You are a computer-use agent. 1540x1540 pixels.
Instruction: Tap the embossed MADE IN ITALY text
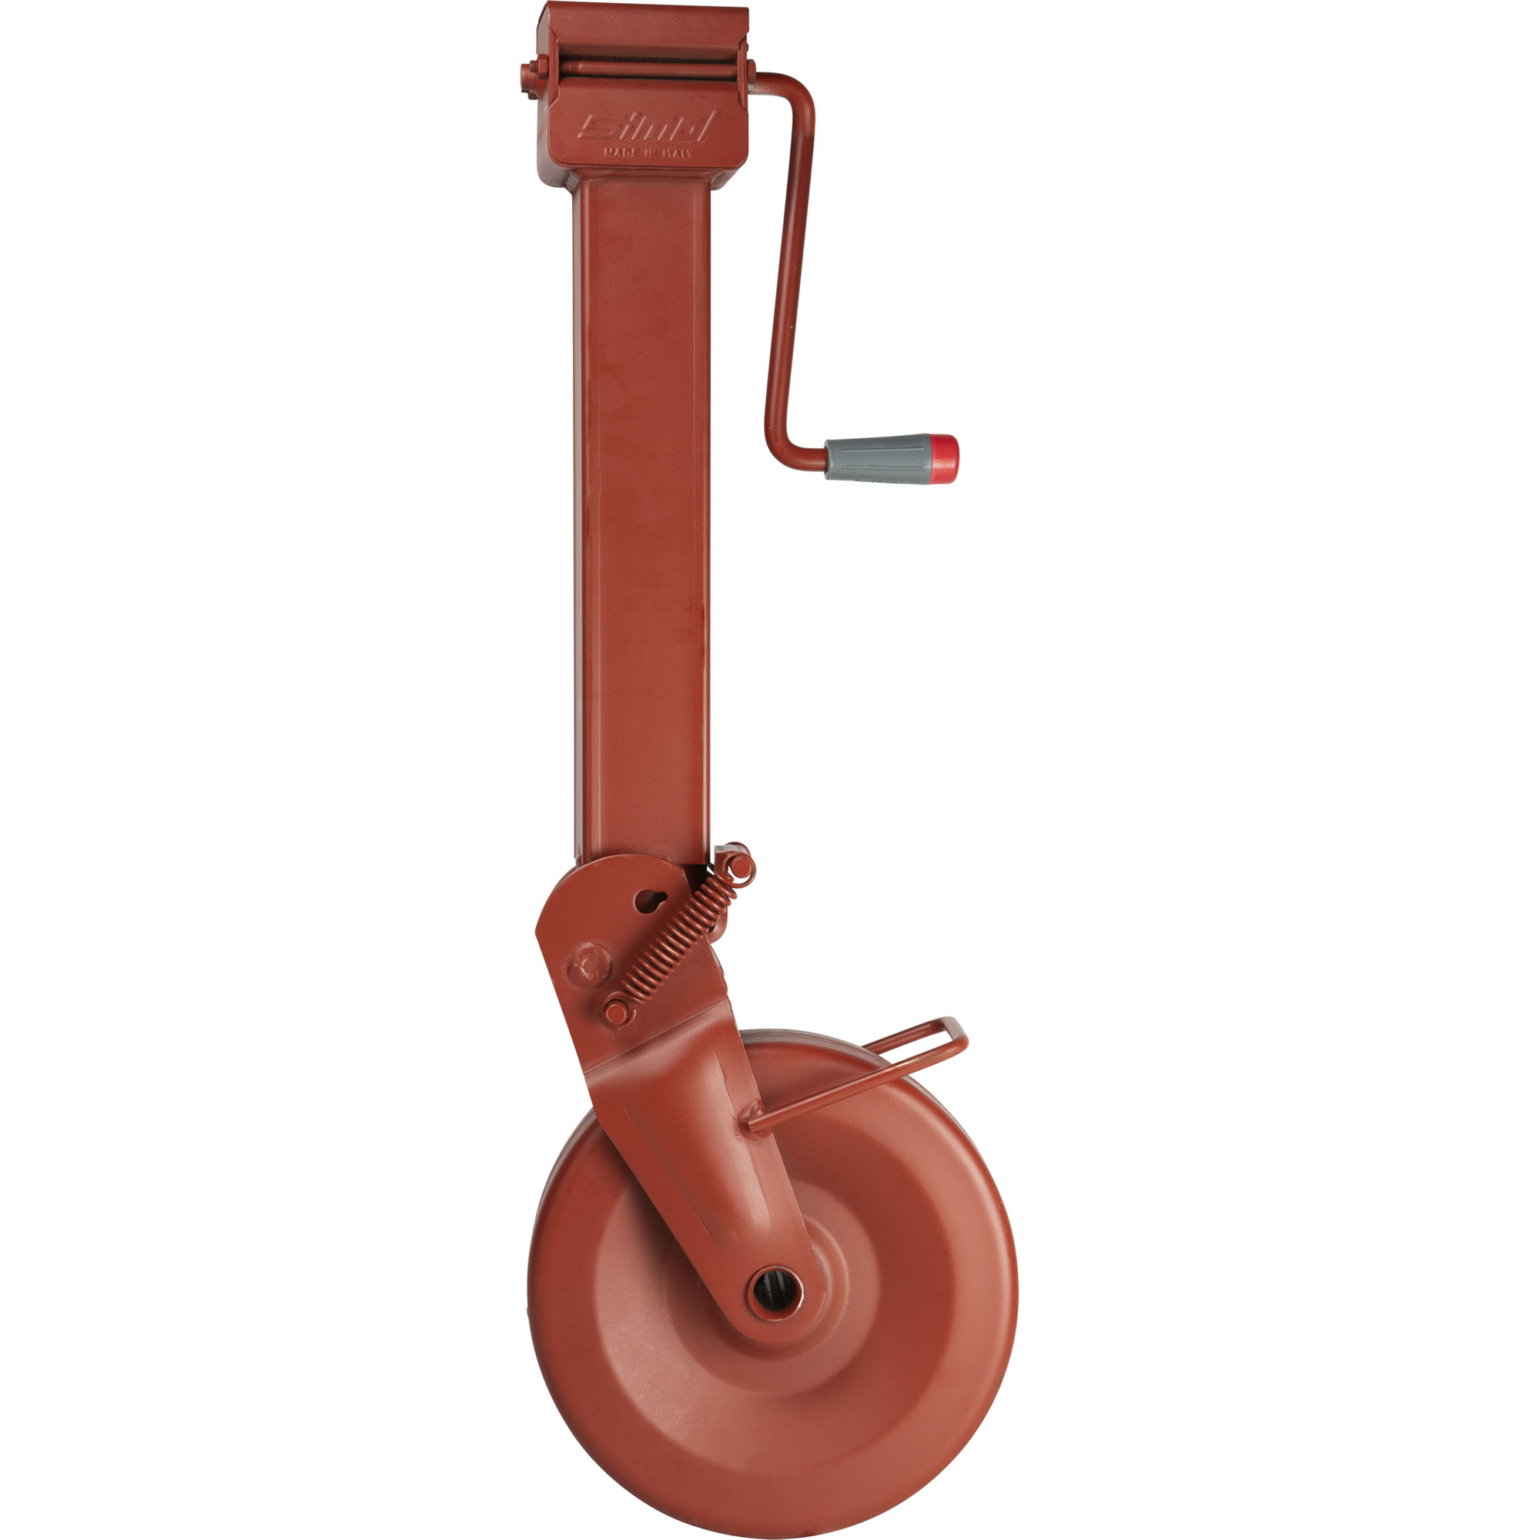[x=648, y=152]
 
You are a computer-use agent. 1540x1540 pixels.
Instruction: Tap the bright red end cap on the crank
[x=944, y=458]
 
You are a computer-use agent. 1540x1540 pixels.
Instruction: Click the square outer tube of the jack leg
[x=641, y=518]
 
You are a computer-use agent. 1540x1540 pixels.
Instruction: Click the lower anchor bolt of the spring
[x=615, y=1012]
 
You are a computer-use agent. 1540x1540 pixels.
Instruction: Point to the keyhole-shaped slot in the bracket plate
[x=650, y=901]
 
